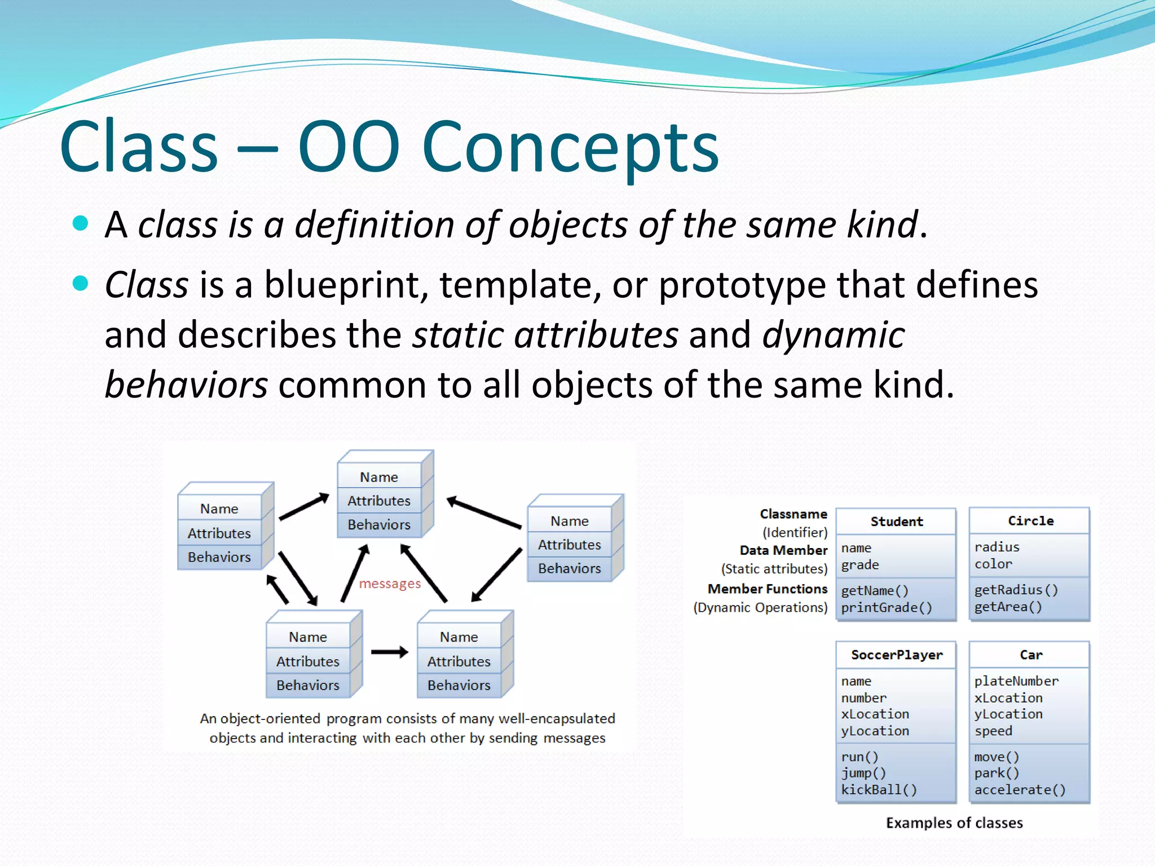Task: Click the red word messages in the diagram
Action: pos(390,584)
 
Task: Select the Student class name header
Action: pos(896,522)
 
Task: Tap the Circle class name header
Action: pos(1030,521)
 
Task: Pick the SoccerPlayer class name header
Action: pos(896,655)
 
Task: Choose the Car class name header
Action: pos(1030,655)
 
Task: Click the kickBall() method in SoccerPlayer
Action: pos(879,789)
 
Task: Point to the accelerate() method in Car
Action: pos(1020,789)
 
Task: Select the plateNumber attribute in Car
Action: pos(1016,681)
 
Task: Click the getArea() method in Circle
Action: pos(1008,607)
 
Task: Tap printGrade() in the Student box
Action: pos(886,607)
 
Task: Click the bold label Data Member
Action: pos(783,550)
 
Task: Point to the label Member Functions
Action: pos(768,589)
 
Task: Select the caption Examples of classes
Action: pos(954,823)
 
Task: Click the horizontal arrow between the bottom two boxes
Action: pos(389,652)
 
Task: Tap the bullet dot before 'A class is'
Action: pos(81,223)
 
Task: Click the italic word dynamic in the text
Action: pos(833,335)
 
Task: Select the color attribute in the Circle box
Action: pos(993,564)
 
